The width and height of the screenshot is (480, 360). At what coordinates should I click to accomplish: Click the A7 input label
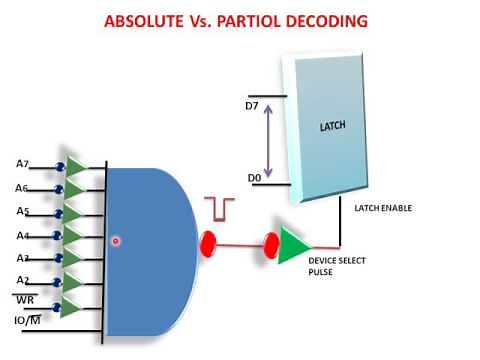coord(24,163)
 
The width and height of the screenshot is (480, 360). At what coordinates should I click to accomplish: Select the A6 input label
coord(23,188)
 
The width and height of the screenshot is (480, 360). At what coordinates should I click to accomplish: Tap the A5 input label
coord(23,211)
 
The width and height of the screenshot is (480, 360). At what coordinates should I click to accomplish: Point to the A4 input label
coord(23,236)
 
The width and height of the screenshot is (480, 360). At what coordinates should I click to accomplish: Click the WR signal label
coord(25,300)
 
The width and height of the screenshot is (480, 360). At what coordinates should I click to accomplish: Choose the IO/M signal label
coord(27,321)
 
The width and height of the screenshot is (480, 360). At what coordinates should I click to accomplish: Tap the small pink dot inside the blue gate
coord(116,241)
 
